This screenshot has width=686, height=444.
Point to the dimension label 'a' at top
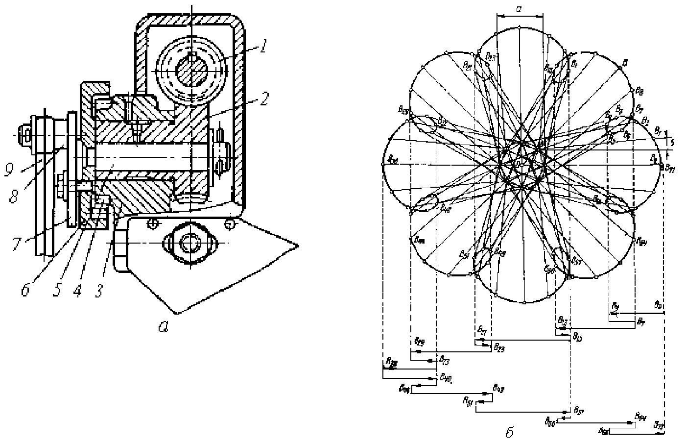519,8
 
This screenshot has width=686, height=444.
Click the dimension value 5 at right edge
673,143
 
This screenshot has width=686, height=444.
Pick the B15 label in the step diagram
577,336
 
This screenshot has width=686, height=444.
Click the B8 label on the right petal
639,91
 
